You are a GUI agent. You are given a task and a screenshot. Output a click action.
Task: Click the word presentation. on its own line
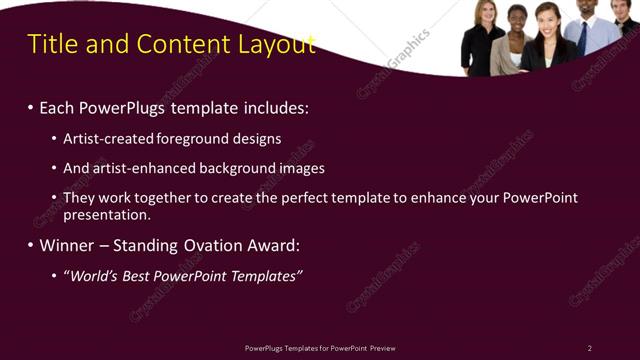click(107, 214)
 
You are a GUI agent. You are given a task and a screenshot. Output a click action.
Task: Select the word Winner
click(70, 245)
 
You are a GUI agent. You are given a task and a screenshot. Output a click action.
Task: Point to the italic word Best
click(140, 275)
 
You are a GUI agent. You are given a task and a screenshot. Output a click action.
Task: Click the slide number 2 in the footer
click(590, 348)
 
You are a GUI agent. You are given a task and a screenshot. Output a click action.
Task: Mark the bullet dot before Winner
click(31, 245)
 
